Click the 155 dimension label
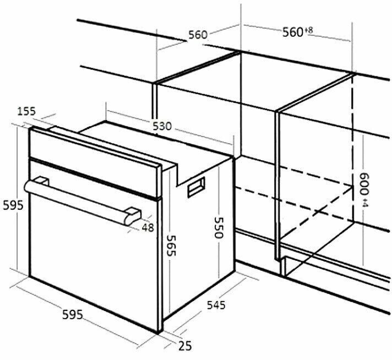click(x=26, y=111)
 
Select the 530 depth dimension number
click(x=162, y=126)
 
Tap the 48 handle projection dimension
click(x=148, y=227)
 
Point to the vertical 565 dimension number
click(x=172, y=246)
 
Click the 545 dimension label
click(x=216, y=305)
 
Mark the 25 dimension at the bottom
click(x=185, y=346)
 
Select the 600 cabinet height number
click(x=364, y=184)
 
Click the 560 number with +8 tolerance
click(x=292, y=32)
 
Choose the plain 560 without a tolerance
click(x=198, y=35)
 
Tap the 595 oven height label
click(x=13, y=205)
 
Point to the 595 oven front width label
click(x=72, y=314)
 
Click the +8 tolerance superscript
click(x=308, y=30)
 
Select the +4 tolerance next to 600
click(x=365, y=203)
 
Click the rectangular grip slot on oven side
click(x=196, y=187)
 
